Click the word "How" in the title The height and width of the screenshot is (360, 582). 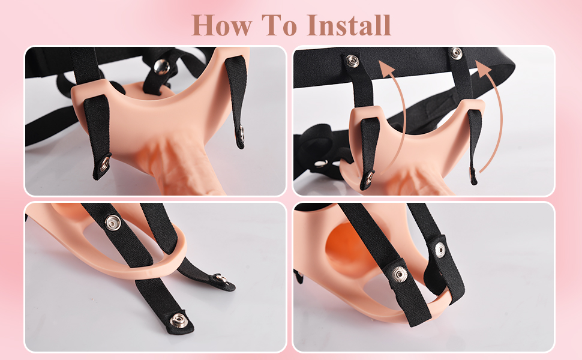click(221, 25)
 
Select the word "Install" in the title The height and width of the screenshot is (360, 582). click(349, 25)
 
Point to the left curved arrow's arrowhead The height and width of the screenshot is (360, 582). click(385, 68)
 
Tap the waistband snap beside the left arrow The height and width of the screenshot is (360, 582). click(352, 61)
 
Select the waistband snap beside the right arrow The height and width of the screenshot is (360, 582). click(456, 53)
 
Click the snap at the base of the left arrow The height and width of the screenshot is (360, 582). click(369, 178)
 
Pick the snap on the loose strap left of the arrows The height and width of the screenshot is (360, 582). click(320, 164)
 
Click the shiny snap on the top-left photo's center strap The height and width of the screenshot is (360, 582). click(161, 67)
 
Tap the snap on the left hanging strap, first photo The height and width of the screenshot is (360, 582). click(105, 163)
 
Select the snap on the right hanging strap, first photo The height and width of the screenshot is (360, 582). click(241, 134)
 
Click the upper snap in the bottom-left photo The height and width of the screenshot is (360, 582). click(112, 223)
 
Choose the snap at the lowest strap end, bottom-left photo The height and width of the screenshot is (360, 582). click(178, 320)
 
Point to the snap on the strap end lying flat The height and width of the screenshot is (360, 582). click(221, 278)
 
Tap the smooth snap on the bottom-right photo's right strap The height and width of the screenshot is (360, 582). click(440, 250)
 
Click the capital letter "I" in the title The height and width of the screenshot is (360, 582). click(313, 25)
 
